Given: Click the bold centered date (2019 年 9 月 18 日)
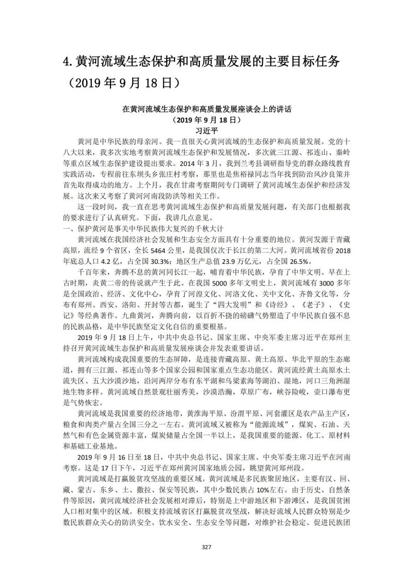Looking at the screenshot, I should click(x=206, y=119).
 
